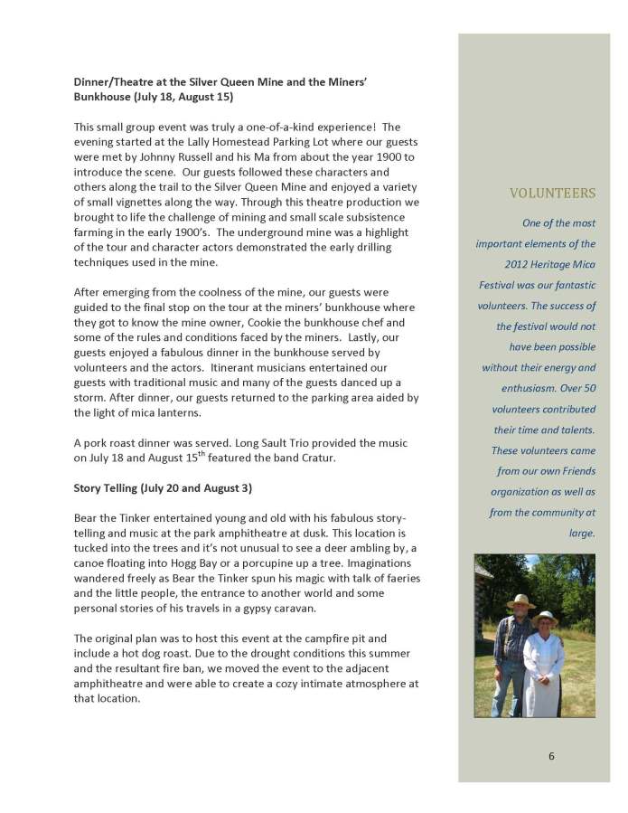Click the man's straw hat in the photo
point(520,601)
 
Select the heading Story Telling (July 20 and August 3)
point(163,488)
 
